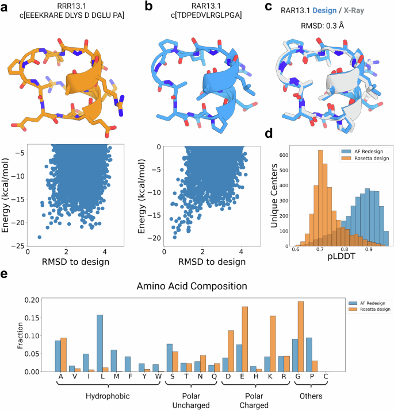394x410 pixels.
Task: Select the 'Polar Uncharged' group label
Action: tap(188, 400)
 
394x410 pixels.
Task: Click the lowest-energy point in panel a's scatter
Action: tap(40, 237)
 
